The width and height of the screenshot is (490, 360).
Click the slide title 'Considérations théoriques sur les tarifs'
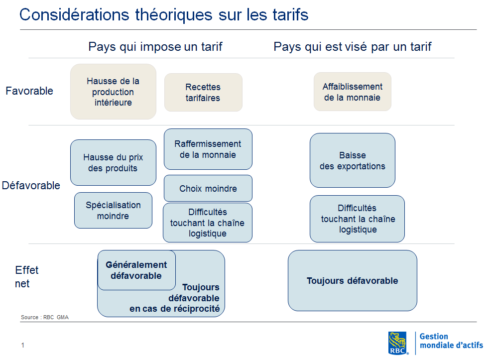click(164, 14)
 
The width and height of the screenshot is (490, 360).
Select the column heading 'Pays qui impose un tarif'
click(155, 47)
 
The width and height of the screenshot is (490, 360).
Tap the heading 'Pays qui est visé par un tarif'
click(352, 47)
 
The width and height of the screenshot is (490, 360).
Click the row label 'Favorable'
click(29, 91)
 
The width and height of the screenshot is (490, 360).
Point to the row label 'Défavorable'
click(31, 185)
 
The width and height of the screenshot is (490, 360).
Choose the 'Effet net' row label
click(26, 277)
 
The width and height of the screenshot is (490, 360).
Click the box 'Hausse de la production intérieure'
click(113, 92)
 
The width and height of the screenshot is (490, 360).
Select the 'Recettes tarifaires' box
click(203, 92)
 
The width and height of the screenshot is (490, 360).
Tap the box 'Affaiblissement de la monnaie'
click(352, 92)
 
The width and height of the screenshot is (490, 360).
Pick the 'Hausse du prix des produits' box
click(113, 162)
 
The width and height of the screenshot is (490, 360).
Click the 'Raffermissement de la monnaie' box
click(208, 149)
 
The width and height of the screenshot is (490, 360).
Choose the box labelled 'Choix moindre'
click(208, 188)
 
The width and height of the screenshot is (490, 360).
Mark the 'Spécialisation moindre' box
click(113, 210)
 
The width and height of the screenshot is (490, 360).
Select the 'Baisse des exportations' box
click(352, 160)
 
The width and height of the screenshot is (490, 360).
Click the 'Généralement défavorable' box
click(136, 270)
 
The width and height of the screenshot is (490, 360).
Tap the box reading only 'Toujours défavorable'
click(352, 280)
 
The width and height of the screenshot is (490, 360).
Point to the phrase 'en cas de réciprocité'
click(175, 309)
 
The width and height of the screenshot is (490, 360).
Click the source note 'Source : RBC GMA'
click(45, 317)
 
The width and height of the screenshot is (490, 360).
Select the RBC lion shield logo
click(398, 343)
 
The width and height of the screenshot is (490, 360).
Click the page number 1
click(22, 345)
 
